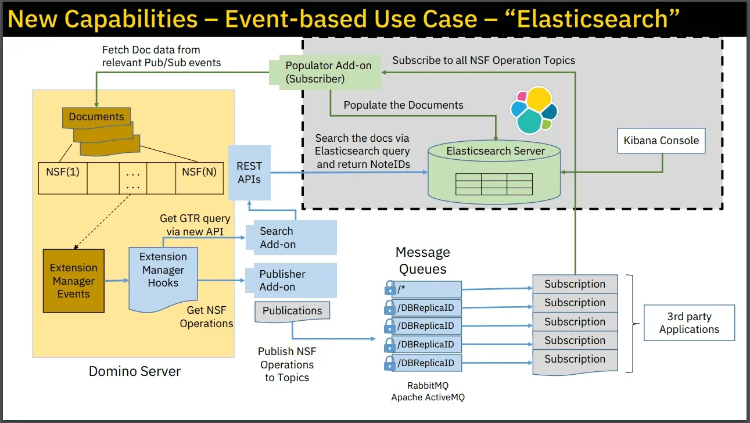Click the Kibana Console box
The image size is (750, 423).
click(661, 141)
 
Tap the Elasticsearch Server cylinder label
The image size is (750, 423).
click(496, 151)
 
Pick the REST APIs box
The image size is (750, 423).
click(249, 173)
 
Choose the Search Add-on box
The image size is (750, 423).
click(291, 238)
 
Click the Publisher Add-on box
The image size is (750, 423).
click(291, 280)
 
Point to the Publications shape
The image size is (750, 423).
click(292, 311)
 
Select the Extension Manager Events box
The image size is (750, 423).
click(74, 281)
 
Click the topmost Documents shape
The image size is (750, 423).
click(96, 117)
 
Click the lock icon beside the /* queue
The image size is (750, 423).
click(390, 288)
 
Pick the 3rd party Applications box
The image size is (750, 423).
click(689, 322)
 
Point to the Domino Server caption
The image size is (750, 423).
click(135, 371)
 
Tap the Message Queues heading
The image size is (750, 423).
click(422, 260)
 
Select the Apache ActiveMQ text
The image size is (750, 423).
click(428, 397)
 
